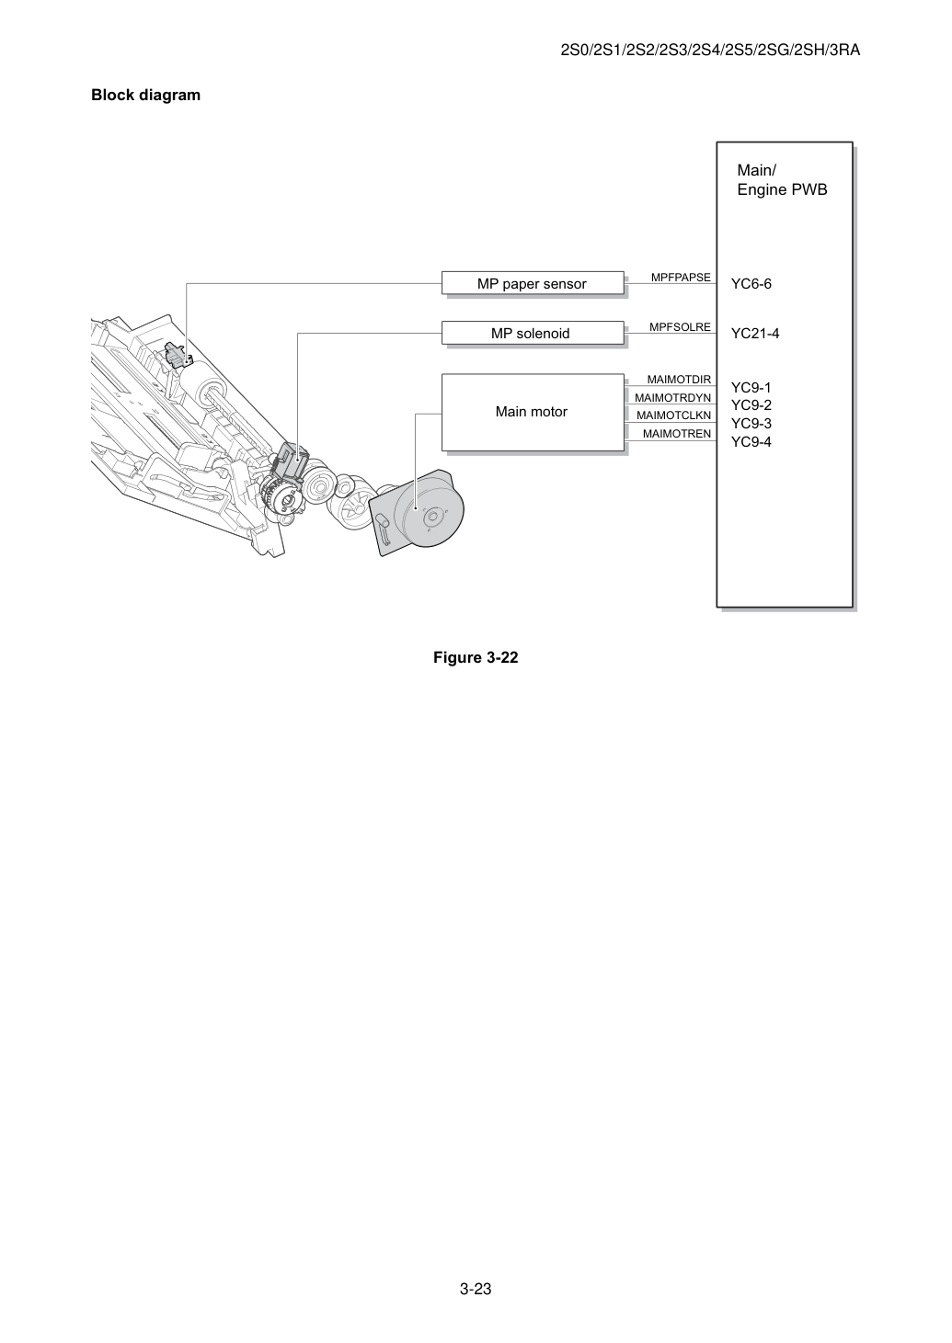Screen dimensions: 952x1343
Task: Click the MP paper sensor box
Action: pos(533,283)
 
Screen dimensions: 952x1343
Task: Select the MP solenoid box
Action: pos(533,333)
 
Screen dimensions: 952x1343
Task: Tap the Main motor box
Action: pos(533,412)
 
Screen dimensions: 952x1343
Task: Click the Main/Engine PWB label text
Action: pos(782,180)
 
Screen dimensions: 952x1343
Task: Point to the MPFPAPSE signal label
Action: pos(681,277)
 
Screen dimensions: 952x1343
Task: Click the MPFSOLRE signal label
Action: pos(680,326)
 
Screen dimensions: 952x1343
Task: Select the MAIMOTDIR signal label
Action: pos(679,379)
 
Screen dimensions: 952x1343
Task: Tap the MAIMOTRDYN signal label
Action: pos(672,397)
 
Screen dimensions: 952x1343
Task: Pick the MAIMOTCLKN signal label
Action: pos(673,415)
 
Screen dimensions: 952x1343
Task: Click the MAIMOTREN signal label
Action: pos(677,434)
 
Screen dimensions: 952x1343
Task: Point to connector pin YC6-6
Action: pos(751,284)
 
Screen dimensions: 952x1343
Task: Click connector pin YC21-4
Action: pos(754,334)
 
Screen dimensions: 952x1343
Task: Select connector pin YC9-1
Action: pos(751,387)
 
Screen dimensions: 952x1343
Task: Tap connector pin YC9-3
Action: pos(751,423)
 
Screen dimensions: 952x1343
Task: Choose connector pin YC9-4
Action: pos(751,442)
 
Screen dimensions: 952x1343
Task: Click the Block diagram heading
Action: pos(145,95)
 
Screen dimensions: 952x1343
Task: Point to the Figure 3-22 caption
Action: pos(476,657)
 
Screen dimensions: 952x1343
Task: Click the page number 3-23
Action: pos(476,1289)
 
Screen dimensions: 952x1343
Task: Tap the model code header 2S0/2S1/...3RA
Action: pos(710,50)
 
